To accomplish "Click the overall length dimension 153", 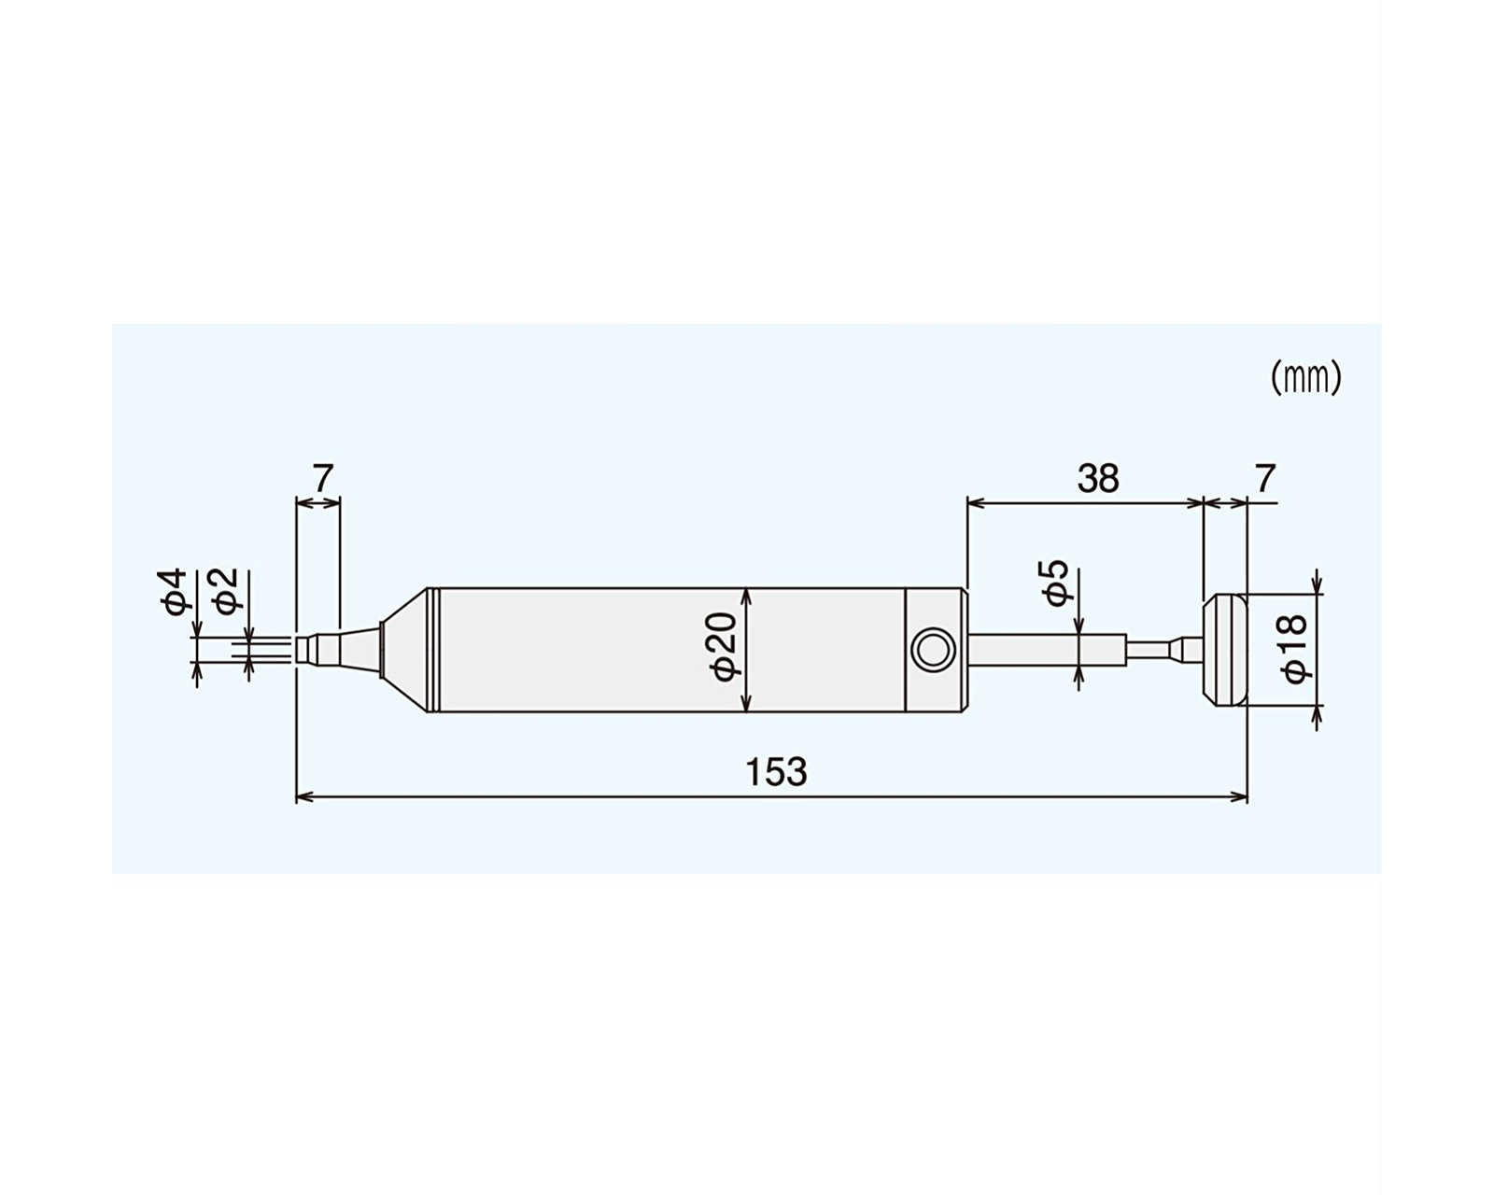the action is (776, 771).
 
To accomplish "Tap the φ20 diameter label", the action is (724, 647).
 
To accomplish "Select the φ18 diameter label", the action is (1295, 649).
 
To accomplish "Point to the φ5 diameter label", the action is (1060, 582).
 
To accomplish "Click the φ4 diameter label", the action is (174, 591).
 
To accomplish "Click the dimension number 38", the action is (1098, 478).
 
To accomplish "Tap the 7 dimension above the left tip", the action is (323, 478).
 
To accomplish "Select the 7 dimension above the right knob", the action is (1265, 478).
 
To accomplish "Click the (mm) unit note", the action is (1305, 379).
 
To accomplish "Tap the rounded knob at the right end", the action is (1225, 650).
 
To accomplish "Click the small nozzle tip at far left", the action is (305, 650).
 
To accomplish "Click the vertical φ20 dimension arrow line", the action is (746, 650).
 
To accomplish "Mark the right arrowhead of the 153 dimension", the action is (1238, 797).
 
